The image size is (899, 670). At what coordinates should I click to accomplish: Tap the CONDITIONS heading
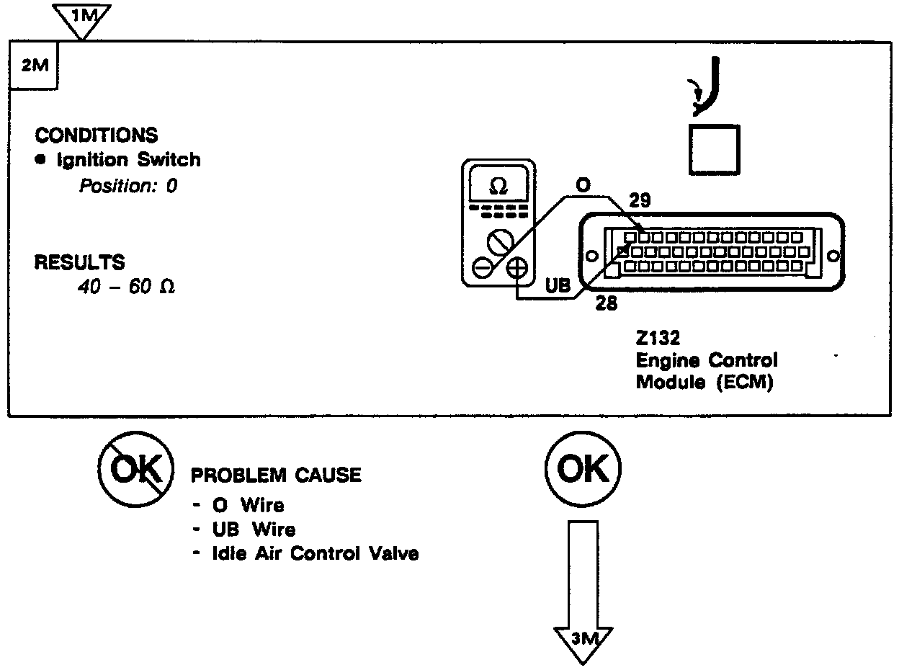click(x=97, y=135)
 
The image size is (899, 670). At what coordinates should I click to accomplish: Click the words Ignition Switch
click(x=128, y=159)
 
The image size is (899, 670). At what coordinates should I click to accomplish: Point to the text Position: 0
click(x=128, y=186)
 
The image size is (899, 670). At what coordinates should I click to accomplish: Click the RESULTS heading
click(x=79, y=262)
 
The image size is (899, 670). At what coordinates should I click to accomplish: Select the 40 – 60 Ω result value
click(x=126, y=287)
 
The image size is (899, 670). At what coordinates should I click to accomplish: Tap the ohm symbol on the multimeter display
click(x=497, y=186)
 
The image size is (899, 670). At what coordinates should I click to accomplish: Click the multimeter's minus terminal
click(x=482, y=269)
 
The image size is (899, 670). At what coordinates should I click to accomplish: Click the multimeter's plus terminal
click(x=517, y=269)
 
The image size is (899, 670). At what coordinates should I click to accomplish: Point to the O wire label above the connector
click(x=583, y=186)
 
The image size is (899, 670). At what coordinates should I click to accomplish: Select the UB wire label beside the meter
click(x=558, y=286)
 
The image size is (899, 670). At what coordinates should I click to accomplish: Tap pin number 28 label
click(x=607, y=303)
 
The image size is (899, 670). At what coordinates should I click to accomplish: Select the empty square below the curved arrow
click(x=714, y=149)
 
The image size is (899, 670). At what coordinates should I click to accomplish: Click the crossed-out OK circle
click(x=135, y=470)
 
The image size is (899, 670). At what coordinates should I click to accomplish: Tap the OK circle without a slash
click(x=583, y=470)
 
